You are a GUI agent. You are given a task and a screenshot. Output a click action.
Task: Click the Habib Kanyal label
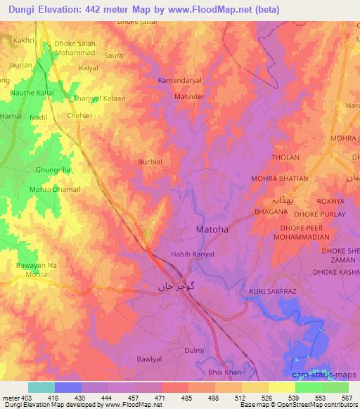point(188,254)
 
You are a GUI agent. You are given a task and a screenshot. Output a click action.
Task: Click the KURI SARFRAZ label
point(271,290)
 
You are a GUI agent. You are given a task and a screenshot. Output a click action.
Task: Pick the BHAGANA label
point(269,210)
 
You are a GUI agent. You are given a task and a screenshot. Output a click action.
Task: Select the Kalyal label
point(89,68)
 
